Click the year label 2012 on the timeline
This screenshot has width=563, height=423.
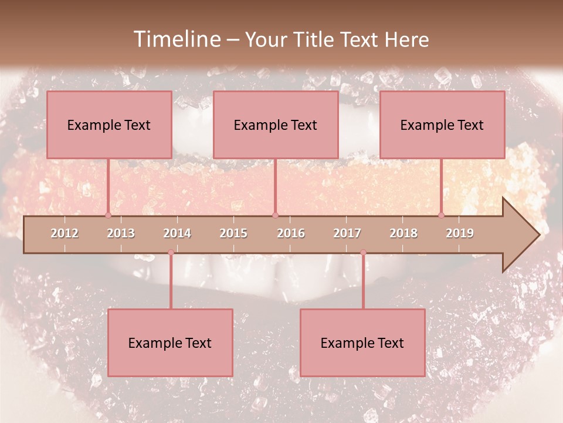point(65,233)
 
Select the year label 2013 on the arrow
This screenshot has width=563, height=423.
point(121,233)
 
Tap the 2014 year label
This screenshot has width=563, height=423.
point(177,233)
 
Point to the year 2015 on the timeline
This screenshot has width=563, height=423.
point(233,233)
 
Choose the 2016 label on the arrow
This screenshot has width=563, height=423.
point(291,233)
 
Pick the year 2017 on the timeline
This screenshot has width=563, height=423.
point(347,233)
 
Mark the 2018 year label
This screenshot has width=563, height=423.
point(403,233)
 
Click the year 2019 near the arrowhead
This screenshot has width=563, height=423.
point(460,233)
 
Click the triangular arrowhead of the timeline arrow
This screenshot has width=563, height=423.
point(520,235)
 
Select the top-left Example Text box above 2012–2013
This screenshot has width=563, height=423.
point(109,125)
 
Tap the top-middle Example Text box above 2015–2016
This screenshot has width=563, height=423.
point(276,125)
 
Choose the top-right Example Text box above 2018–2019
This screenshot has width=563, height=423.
point(442,125)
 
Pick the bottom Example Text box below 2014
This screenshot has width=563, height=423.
point(170,343)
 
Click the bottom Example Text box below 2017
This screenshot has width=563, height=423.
point(362,343)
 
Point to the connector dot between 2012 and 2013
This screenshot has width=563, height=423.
point(108,215)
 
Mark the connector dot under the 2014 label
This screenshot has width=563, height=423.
point(171,253)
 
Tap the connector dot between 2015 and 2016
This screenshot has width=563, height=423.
point(275,215)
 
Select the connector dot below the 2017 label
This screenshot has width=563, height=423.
point(363,253)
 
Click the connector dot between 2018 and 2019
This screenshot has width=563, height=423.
point(442,215)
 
